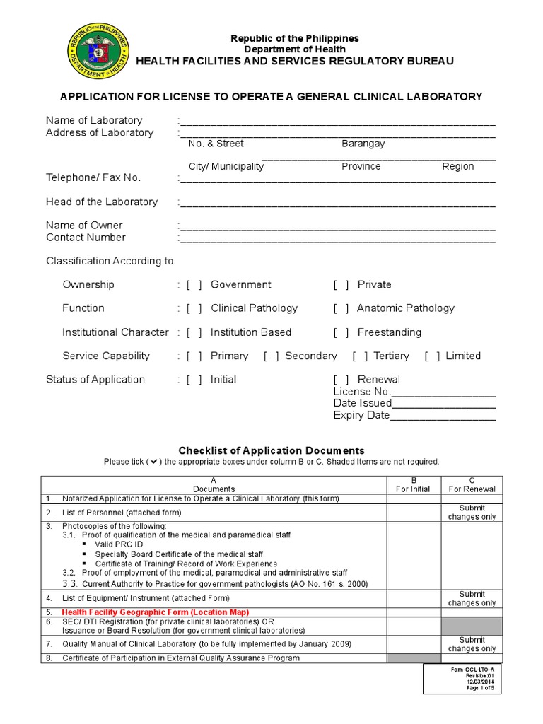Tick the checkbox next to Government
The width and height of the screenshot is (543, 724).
point(194,285)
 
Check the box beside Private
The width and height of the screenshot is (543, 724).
point(341,285)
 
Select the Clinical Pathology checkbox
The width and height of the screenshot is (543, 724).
point(194,308)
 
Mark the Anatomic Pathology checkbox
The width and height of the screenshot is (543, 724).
point(341,308)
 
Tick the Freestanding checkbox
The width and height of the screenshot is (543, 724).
point(341,332)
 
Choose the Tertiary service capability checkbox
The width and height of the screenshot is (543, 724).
point(361,356)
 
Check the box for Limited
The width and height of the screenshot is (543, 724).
point(433,356)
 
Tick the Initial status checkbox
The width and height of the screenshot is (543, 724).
point(194,380)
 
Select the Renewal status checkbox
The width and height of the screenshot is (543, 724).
point(341,380)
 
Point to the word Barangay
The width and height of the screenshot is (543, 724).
point(363,144)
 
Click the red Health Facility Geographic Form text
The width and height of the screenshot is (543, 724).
point(156,612)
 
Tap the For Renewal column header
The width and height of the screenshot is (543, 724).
point(472,489)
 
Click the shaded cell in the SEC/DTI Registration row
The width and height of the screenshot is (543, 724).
point(472,626)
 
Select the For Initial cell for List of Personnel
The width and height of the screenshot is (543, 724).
point(413,512)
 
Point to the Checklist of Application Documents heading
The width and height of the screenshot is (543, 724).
point(271,450)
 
